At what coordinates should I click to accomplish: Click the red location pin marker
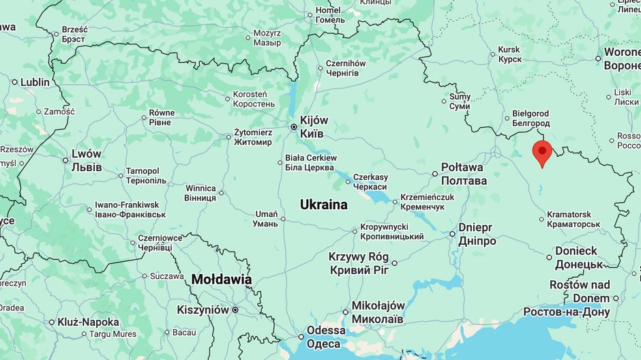click(542, 152)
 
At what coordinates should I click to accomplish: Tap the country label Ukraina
click(324, 205)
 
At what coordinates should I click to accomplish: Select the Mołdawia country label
click(222, 280)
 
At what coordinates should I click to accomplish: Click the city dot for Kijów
click(294, 126)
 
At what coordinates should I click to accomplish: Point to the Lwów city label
click(87, 160)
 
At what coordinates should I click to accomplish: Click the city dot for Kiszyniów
click(235, 310)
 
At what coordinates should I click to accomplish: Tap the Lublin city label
click(35, 82)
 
